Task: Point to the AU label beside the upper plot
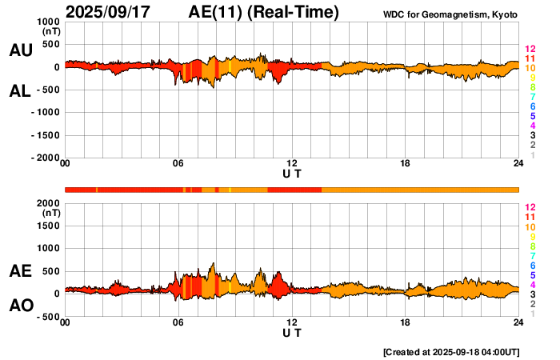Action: coord(20,50)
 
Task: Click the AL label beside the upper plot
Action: coord(20,91)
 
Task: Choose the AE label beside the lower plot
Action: coord(20,271)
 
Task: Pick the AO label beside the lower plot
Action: coord(20,306)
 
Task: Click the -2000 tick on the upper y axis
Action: coord(45,158)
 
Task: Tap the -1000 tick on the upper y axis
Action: coord(45,113)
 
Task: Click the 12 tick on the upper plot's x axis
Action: coord(292,164)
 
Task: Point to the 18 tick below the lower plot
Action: coord(406,322)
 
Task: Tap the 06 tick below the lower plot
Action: coord(178,322)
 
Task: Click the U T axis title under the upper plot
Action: coord(292,174)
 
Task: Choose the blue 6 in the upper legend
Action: coord(530,106)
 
